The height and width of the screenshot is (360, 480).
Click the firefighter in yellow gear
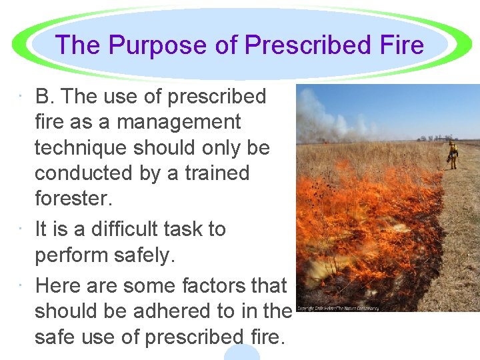(453, 155)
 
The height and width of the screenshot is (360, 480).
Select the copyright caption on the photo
(338, 308)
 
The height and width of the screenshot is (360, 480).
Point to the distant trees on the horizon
(427, 138)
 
